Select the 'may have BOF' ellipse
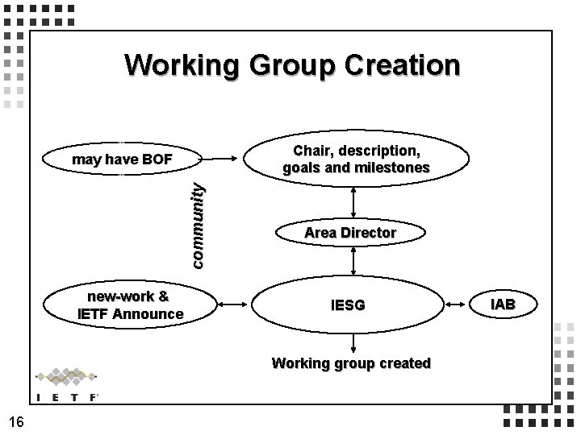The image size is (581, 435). pyautogui.click(x=123, y=159)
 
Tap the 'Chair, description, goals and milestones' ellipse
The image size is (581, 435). pyautogui.click(x=355, y=159)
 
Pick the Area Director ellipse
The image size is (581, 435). pyautogui.click(x=350, y=233)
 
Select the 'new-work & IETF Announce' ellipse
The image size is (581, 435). pyautogui.click(x=130, y=305)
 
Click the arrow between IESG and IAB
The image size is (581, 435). pyautogui.click(x=459, y=305)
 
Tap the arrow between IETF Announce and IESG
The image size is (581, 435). pyautogui.click(x=234, y=305)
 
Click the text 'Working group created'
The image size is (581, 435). pyautogui.click(x=351, y=363)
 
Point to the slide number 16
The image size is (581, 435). pyautogui.click(x=17, y=420)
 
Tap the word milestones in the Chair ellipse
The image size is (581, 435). pyautogui.click(x=390, y=168)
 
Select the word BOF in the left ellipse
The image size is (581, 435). pyautogui.click(x=156, y=159)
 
